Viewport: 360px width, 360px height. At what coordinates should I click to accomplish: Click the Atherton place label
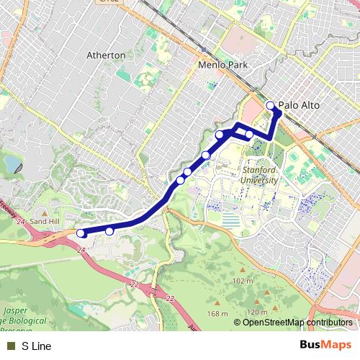[106, 55]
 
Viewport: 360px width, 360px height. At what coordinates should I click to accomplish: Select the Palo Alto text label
[299, 105]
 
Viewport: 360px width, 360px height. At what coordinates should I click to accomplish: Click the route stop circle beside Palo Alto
[271, 106]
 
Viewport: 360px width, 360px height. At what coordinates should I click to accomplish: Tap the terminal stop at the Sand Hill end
[81, 233]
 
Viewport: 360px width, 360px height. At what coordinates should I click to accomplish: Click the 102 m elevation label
[243, 281]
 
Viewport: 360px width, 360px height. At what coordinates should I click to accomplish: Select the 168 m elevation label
[217, 313]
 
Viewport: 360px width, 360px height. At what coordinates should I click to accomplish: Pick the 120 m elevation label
[257, 312]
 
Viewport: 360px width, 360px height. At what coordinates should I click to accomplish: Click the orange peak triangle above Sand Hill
[44, 214]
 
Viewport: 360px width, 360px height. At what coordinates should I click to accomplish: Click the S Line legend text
[36, 346]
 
